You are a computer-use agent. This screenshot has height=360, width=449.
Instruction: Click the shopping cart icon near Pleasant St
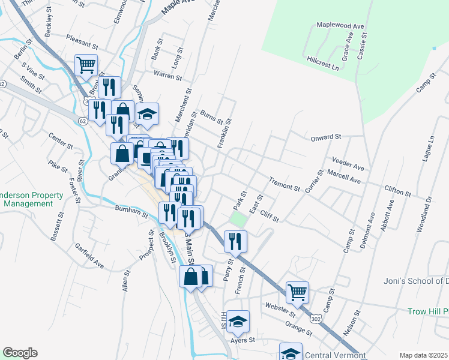[x=86, y=64]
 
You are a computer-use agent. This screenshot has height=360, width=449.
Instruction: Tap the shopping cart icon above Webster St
[x=297, y=292]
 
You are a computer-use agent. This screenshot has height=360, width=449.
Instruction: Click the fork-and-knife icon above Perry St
[x=235, y=241]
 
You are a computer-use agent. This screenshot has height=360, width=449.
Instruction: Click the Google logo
[x=20, y=353]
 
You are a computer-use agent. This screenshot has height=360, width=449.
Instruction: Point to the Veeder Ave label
[x=348, y=163]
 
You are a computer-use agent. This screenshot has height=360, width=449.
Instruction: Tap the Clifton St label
[x=397, y=191]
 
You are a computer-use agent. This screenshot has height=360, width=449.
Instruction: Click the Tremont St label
[x=284, y=184]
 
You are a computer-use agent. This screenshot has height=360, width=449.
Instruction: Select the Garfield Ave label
[x=89, y=256]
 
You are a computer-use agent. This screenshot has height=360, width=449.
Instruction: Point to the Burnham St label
[x=131, y=211]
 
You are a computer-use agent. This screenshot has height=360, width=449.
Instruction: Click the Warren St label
[x=167, y=76]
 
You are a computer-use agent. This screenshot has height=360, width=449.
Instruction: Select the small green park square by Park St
[x=238, y=220]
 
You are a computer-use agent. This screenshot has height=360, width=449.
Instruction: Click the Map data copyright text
[x=424, y=355]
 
